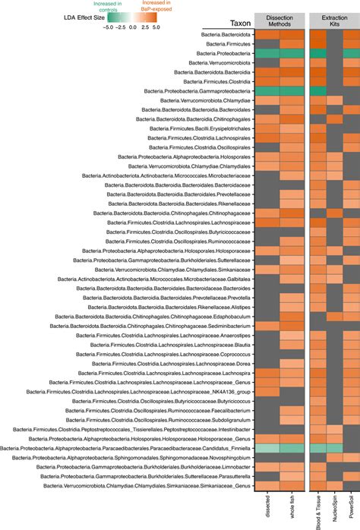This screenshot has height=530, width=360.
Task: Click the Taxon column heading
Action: pyautogui.click(x=242, y=24)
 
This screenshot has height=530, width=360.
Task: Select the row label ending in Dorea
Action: pyautogui.click(x=179, y=363)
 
